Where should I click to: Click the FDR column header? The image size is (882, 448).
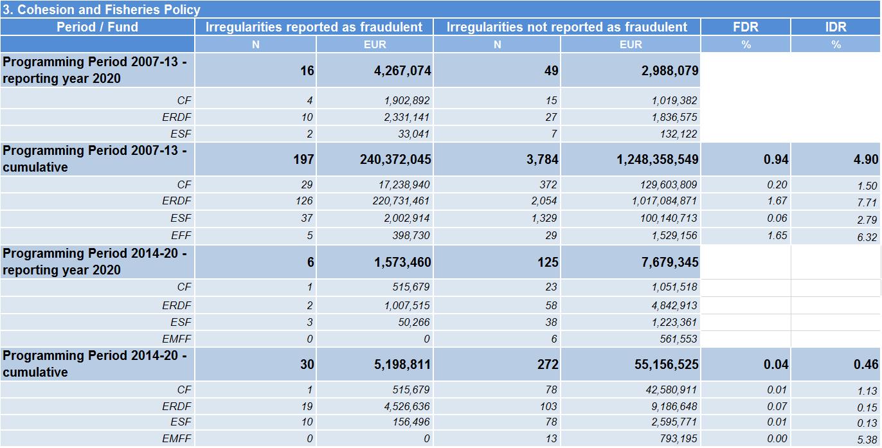tap(745, 27)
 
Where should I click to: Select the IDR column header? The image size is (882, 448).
tap(836, 27)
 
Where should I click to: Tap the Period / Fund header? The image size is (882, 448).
tap(97, 27)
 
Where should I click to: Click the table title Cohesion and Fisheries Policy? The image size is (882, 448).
tap(102, 10)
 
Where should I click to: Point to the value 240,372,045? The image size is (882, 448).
tap(395, 159)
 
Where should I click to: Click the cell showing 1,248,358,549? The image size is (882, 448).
tap(657, 159)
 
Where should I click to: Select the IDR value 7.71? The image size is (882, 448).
tap(867, 202)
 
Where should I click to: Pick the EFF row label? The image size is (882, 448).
tap(181, 235)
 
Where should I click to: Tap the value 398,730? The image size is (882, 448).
tap(411, 235)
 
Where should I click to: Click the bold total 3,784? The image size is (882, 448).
tap(542, 159)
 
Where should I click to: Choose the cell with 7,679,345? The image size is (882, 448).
tap(670, 262)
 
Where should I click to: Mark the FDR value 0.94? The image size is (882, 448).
tap(776, 159)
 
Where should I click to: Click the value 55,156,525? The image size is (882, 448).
tap(666, 364)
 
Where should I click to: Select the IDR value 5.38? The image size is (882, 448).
tap(867, 440)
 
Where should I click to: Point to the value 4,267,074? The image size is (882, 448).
tap(402, 71)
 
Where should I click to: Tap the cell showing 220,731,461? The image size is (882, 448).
tap(401, 201)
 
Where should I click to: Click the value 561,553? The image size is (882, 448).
tap(678, 339)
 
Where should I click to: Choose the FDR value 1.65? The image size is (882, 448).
tap(777, 235)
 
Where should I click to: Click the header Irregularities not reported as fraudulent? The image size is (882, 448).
tap(566, 27)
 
